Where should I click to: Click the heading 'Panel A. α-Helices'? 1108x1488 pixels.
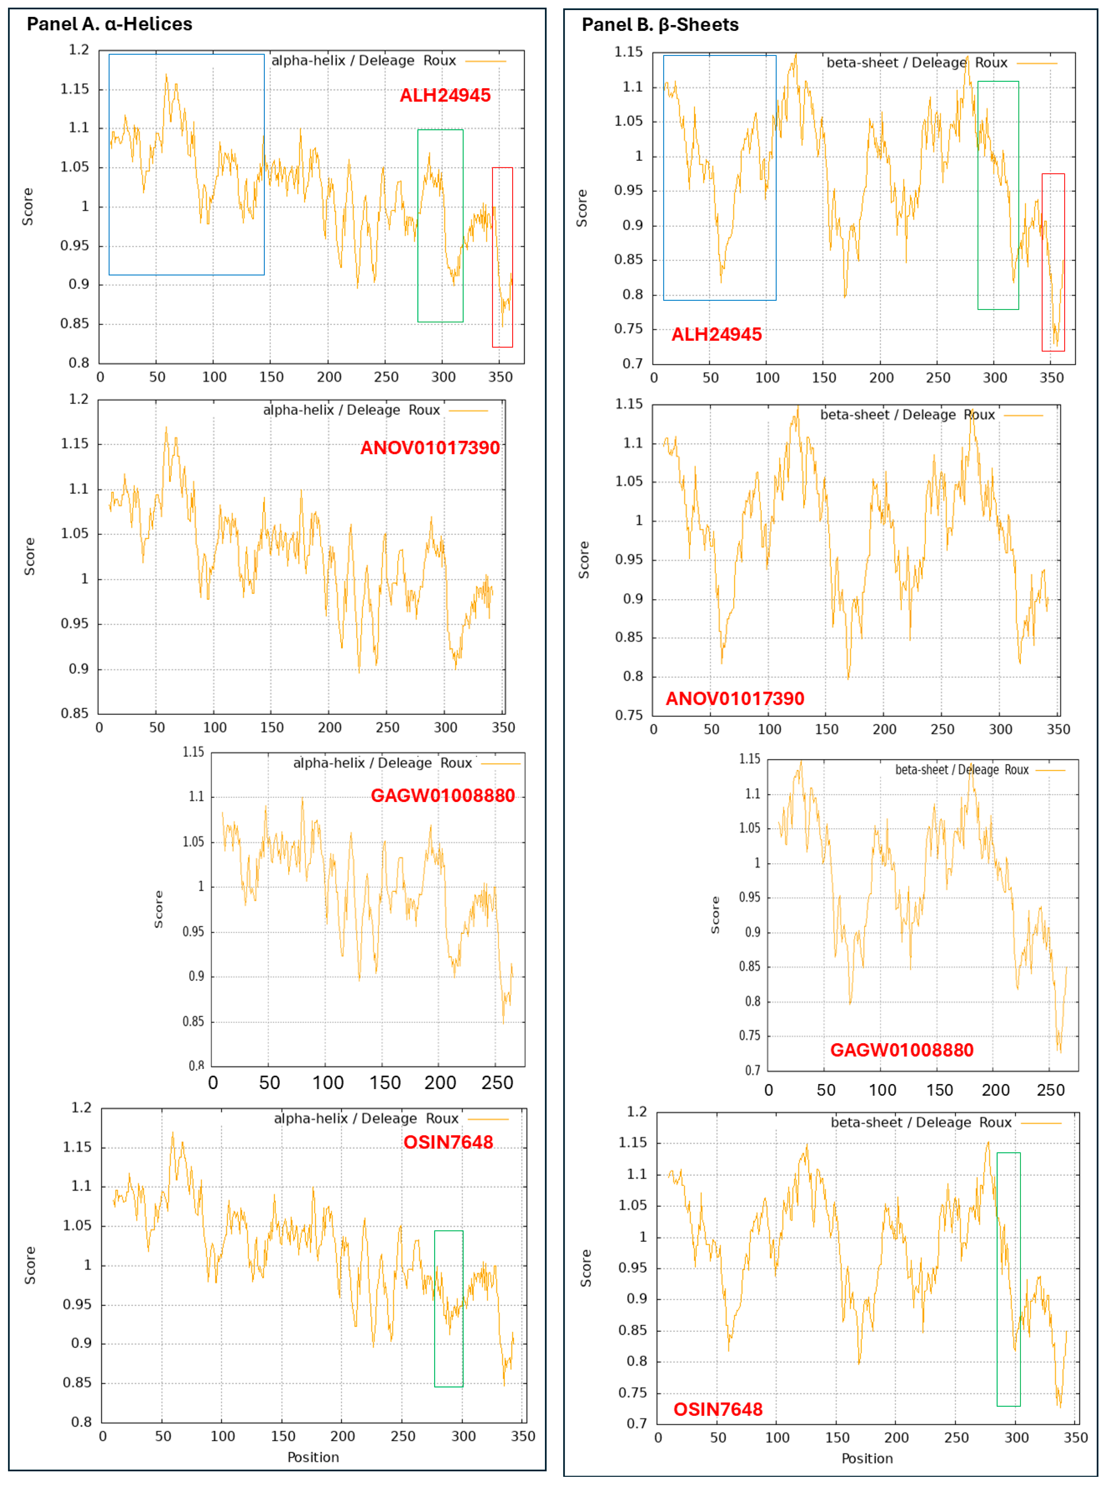pyautogui.click(x=109, y=24)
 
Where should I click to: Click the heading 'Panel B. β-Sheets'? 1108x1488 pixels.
pyautogui.click(x=660, y=25)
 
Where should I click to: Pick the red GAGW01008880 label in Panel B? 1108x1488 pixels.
pyautogui.click(x=901, y=1050)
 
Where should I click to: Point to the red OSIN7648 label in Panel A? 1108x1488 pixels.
pyautogui.click(x=448, y=1142)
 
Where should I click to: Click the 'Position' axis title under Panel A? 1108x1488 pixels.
pyautogui.click(x=313, y=1457)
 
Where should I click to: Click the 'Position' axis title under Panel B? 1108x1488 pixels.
pyautogui.click(x=867, y=1458)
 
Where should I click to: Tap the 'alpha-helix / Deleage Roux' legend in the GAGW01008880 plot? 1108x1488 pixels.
pyautogui.click(x=382, y=763)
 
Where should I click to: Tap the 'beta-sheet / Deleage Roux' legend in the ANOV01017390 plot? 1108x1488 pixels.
pyautogui.click(x=907, y=415)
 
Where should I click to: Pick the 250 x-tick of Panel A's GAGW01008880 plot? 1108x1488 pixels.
pyautogui.click(x=497, y=1083)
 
